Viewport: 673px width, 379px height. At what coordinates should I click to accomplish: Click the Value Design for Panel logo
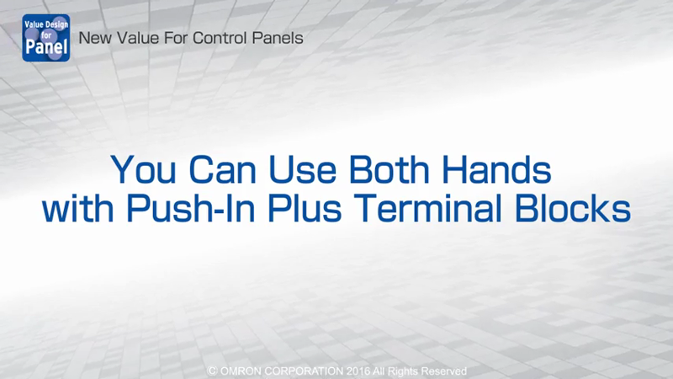click(x=46, y=38)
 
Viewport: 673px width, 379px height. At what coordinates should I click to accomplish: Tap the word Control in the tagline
click(x=220, y=38)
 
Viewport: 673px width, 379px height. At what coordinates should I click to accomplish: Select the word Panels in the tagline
click(x=278, y=38)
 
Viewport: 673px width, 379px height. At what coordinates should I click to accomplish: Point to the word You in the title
click(x=143, y=169)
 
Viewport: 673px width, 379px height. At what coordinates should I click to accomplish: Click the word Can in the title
click(x=223, y=169)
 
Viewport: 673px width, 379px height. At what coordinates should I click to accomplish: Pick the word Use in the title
click(x=303, y=169)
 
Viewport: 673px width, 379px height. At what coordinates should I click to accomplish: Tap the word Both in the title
click(x=389, y=169)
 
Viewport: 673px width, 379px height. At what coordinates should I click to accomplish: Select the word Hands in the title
click(x=496, y=169)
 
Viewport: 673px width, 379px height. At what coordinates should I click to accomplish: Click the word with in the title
click(x=77, y=208)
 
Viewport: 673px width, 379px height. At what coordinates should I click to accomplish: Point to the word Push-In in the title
click(x=191, y=208)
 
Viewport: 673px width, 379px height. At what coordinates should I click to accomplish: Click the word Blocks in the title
click(x=573, y=208)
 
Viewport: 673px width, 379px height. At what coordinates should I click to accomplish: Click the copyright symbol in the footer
click(x=212, y=371)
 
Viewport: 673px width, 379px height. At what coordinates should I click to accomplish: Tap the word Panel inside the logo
click(x=46, y=46)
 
